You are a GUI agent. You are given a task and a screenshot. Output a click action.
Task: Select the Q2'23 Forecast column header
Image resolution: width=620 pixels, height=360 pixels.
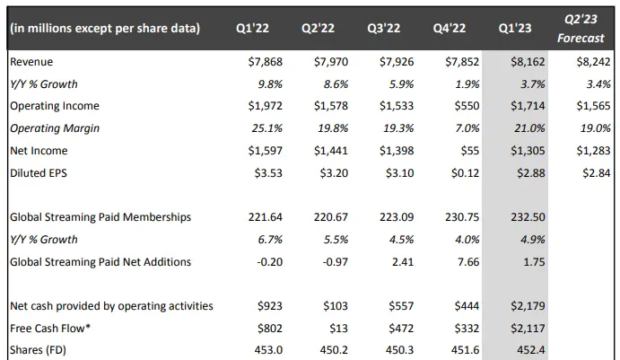tap(581, 28)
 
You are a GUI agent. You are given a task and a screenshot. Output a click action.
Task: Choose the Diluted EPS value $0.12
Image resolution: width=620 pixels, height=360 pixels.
tap(464, 172)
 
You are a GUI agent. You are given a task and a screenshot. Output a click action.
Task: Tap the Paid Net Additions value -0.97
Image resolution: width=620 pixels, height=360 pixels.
tap(330, 261)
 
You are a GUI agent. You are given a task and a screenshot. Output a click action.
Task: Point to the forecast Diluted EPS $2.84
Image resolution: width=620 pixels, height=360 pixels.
tap(593, 172)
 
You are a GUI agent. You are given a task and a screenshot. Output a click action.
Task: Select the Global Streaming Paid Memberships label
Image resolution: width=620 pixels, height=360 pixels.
tap(100, 217)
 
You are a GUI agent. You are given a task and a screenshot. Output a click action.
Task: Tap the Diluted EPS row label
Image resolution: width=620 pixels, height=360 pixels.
tap(38, 172)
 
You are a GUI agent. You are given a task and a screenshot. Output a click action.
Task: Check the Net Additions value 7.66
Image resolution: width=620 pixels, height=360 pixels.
tap(461, 261)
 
